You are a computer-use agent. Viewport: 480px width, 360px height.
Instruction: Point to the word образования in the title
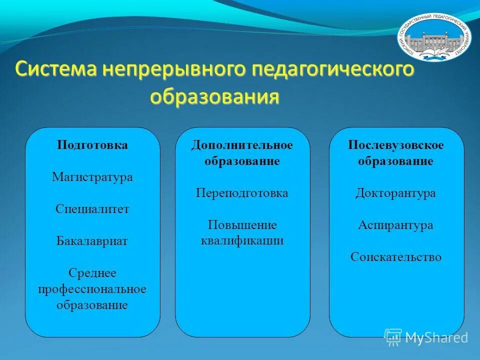tap(214, 96)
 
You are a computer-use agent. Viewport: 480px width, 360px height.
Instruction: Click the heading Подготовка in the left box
tap(92, 145)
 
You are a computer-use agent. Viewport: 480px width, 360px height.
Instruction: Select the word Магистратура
tap(92, 177)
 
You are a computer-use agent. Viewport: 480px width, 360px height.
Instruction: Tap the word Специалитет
tap(92, 209)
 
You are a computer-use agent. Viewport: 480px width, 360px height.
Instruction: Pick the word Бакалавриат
tap(92, 241)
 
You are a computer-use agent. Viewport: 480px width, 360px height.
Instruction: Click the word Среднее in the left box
tap(92, 273)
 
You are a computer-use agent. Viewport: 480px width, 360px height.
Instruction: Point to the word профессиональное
tap(92, 289)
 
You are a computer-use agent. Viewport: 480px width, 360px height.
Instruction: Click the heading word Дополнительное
tap(242, 145)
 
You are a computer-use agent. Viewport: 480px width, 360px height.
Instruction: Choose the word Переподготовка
tap(242, 193)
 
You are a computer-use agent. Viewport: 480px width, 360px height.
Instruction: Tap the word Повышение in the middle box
tap(242, 225)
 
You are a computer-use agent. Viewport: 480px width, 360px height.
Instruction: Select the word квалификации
tap(242, 241)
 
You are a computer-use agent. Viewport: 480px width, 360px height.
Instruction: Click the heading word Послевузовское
tap(396, 145)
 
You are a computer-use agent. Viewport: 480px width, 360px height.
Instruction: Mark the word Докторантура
tap(396, 193)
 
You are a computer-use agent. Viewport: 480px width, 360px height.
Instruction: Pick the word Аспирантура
tap(396, 225)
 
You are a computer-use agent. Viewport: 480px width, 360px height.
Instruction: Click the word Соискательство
tap(396, 257)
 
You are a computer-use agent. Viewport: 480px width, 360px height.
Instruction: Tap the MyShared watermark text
tap(436, 337)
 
